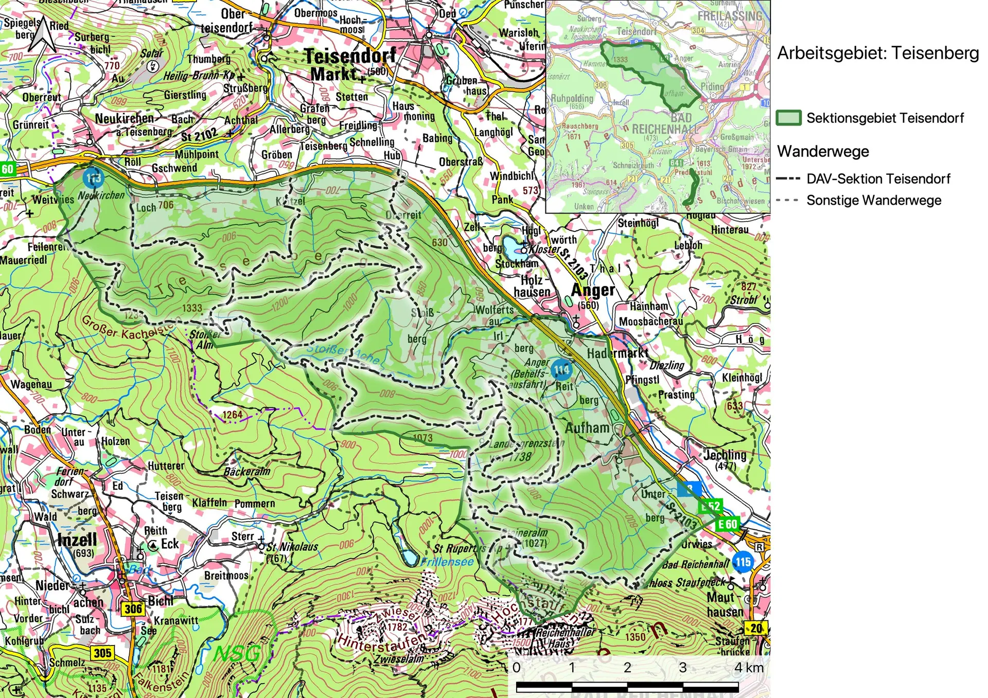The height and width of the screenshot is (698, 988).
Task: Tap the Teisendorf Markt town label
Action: [349, 65]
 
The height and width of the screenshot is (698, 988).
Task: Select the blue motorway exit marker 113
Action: [93, 178]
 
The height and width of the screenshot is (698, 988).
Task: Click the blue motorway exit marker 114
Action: [561, 369]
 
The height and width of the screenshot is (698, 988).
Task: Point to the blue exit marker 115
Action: [743, 561]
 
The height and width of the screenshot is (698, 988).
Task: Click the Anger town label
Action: [593, 291]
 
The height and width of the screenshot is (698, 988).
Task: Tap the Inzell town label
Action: [77, 540]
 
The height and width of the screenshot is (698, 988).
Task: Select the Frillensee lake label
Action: [447, 562]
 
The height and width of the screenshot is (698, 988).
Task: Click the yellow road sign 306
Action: [133, 609]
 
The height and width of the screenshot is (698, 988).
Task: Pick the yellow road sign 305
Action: [102, 653]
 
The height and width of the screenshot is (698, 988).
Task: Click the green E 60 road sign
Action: [728, 524]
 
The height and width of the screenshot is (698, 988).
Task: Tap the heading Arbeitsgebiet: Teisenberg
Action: [878, 53]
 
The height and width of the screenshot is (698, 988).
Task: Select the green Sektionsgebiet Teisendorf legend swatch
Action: [788, 118]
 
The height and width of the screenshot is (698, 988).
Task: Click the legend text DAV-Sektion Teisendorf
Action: [878, 179]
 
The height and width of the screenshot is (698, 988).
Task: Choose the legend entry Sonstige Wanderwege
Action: [873, 201]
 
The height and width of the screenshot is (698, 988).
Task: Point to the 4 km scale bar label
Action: [749, 668]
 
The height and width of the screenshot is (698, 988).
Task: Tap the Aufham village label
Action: [587, 428]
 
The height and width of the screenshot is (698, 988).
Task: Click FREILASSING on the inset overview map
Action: [729, 16]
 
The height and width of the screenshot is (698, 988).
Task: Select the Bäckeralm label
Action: [247, 472]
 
